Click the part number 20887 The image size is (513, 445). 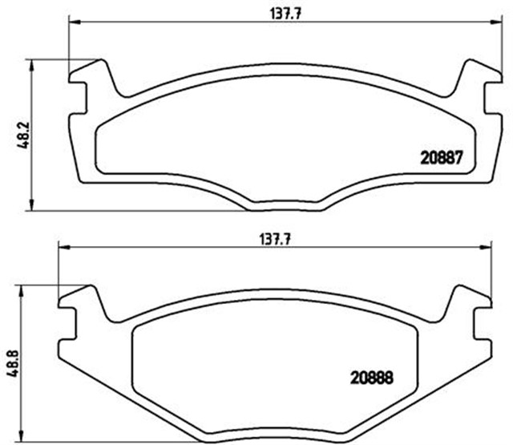[442, 158]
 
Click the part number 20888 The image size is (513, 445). [372, 378]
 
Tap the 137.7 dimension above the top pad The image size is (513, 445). [285, 14]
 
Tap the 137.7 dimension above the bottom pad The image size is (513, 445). [275, 241]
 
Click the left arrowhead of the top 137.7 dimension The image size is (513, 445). [75, 22]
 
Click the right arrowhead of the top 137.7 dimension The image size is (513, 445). [496, 22]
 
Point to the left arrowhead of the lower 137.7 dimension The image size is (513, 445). [64, 248]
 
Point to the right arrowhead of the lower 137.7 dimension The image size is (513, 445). [486, 248]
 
